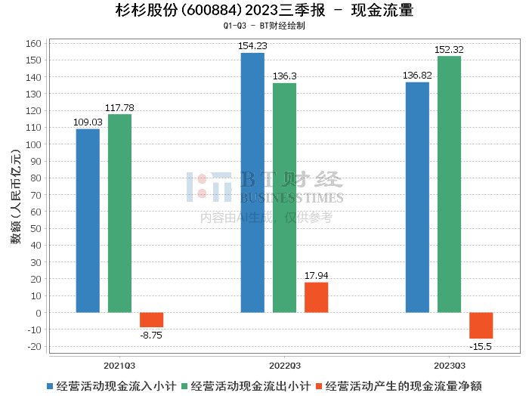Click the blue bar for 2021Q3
click(88, 221)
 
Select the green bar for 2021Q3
click(119, 213)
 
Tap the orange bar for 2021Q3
click(151, 320)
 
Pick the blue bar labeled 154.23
click(252, 182)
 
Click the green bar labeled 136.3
click(284, 198)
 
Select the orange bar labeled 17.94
click(316, 298)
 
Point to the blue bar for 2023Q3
click(417, 197)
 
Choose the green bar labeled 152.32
click(449, 184)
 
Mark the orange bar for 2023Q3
click(481, 326)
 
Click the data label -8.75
click(151, 336)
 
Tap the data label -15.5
click(481, 347)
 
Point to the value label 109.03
click(88, 122)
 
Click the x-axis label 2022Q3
click(284, 366)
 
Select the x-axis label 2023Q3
click(450, 366)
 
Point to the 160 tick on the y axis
click(33, 44)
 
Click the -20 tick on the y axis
click(35, 346)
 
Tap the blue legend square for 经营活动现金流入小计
click(50, 386)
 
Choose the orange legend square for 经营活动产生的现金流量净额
click(319, 386)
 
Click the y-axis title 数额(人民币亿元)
click(16, 196)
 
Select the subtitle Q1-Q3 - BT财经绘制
click(264, 26)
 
